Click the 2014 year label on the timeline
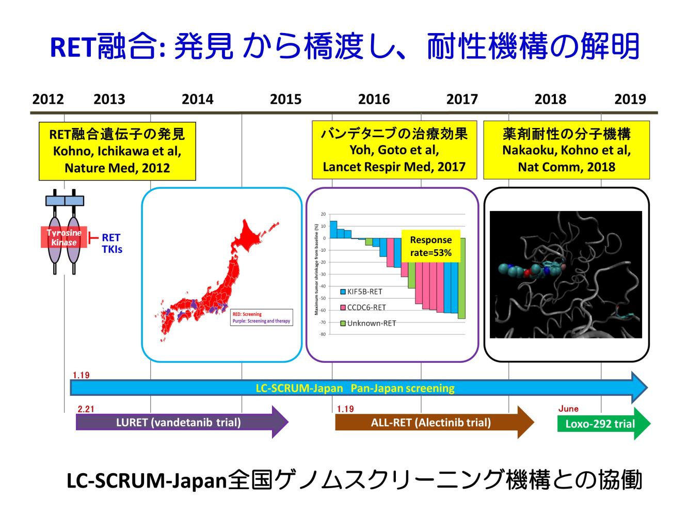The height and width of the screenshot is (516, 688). [x=197, y=99]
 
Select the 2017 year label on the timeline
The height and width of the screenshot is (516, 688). [x=462, y=99]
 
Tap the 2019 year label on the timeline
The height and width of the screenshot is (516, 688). [x=630, y=99]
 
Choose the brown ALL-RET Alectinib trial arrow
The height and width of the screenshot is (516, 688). [x=431, y=423]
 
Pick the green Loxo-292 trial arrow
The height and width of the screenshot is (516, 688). [x=601, y=424]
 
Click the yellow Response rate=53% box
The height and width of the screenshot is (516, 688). [x=430, y=246]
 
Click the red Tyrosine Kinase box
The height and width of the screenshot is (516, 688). [x=64, y=237]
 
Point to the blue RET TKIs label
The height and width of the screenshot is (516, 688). [x=111, y=243]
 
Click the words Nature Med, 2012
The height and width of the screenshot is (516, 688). [x=117, y=168]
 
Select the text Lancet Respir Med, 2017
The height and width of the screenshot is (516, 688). [x=394, y=167]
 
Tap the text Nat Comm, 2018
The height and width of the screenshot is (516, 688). [x=566, y=167]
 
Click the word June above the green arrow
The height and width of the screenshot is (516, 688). [x=568, y=409]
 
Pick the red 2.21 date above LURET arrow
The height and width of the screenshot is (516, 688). [x=86, y=409]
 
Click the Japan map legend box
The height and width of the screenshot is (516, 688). [x=261, y=317]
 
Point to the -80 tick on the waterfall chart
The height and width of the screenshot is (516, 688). [x=323, y=334]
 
